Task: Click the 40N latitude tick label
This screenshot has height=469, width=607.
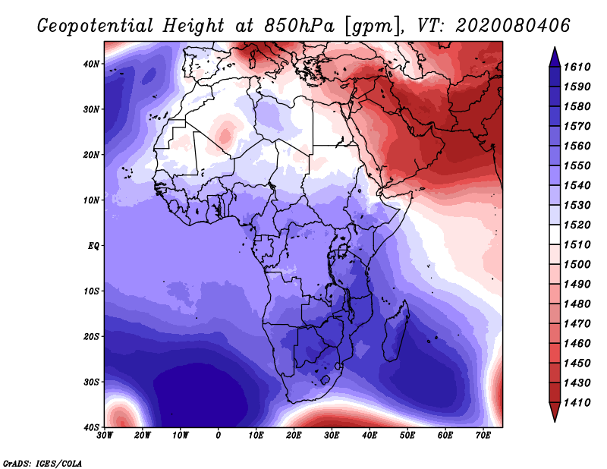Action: point(91,64)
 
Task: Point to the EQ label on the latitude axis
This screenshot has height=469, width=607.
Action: point(93,246)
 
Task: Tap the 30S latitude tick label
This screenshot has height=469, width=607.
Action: point(91,382)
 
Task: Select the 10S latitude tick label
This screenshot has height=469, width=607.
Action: point(91,291)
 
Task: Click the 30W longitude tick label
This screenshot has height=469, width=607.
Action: point(105,436)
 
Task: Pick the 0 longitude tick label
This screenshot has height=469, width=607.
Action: point(219,436)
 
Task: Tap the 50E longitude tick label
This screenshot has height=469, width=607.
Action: point(407,436)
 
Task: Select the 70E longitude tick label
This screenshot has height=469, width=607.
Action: point(483,436)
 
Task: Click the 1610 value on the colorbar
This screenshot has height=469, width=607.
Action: point(577,67)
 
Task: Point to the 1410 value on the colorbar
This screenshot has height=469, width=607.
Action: point(577,403)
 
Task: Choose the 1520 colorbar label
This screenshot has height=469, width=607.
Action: point(577,225)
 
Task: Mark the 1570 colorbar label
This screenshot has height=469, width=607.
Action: point(577,126)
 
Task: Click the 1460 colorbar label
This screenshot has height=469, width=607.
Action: point(577,344)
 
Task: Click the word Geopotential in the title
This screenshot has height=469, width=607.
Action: point(96,26)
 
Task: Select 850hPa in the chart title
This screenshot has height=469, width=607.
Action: point(299,26)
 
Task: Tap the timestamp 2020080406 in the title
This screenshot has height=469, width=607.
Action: point(513,26)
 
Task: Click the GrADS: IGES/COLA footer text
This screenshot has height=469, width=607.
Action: point(42,463)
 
